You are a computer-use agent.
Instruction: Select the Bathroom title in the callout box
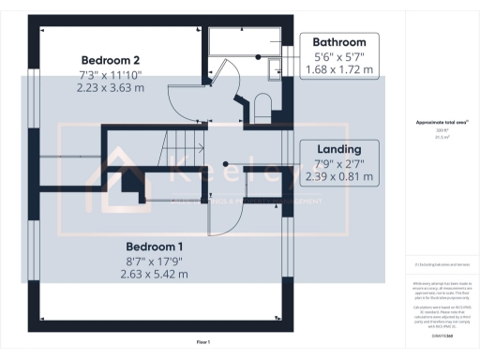coord(338,42)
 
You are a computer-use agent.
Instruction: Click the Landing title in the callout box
coord(338,148)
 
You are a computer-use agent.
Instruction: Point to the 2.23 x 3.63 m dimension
coord(111,87)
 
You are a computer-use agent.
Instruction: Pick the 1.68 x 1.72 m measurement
coord(338,70)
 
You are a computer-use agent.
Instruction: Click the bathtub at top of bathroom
coord(244,42)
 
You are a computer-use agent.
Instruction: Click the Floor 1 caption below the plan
coord(203,342)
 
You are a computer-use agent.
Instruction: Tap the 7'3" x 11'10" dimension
coord(111,73)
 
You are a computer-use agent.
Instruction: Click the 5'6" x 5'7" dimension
coord(338,56)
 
